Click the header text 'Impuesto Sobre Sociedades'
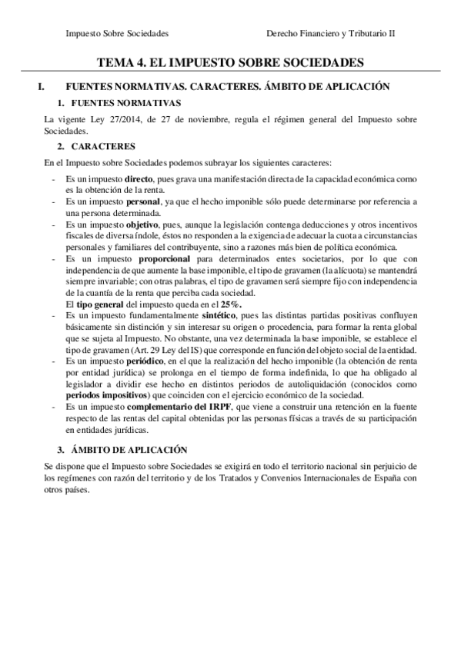point(118,34)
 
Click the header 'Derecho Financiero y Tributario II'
point(330,34)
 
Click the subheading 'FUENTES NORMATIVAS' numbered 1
point(125,103)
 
